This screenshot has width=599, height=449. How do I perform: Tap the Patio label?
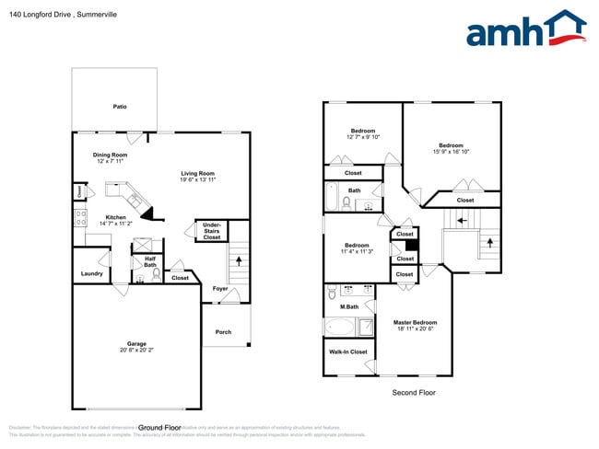(120, 107)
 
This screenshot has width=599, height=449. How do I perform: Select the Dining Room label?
(111, 155)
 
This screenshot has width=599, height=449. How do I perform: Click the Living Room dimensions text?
(197, 179)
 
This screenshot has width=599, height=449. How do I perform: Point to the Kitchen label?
(116, 218)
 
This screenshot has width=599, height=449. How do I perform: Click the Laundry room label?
(91, 273)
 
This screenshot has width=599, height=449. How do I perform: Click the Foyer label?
(219, 288)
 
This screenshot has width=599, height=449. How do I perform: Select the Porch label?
(223, 331)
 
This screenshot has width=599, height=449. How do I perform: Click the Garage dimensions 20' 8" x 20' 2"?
(136, 351)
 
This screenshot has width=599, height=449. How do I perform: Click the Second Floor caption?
(414, 392)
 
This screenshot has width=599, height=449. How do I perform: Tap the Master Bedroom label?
(415, 322)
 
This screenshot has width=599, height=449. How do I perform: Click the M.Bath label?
(348, 307)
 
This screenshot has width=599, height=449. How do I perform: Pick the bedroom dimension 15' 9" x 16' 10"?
(451, 152)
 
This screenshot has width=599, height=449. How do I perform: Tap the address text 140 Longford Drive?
(41, 14)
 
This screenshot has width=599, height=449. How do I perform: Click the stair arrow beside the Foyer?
(241, 261)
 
